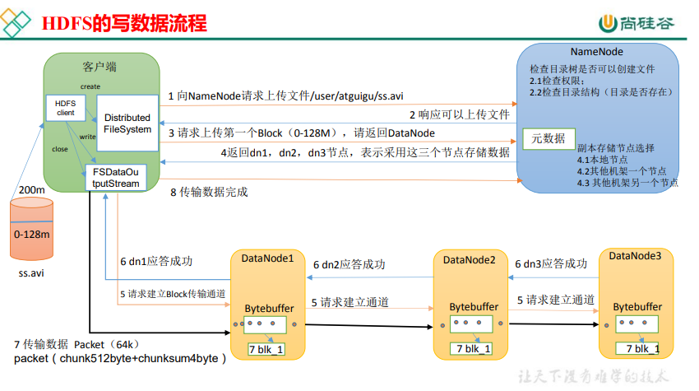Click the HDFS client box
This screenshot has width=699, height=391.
[66, 108]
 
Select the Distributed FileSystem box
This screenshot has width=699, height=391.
[127, 123]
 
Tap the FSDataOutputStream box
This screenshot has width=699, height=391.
[116, 178]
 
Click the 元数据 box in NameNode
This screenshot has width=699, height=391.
[549, 138]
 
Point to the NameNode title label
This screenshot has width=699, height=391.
[597, 52]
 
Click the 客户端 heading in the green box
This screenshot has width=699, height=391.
[100, 67]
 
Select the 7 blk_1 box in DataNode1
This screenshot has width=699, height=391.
[266, 349]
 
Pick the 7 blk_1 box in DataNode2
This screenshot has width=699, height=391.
[474, 348]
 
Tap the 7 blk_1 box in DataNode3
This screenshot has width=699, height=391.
[637, 348]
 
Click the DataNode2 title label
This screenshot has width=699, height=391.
[470, 260]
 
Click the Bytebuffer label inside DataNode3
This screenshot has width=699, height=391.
[637, 307]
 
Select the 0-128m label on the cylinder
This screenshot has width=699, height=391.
[31, 235]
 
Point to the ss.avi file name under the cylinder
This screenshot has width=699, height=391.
[31, 273]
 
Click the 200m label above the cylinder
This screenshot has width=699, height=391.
[31, 189]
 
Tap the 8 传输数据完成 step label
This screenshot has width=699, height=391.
[209, 192]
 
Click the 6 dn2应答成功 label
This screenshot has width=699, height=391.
[349, 265]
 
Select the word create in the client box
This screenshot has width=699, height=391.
[90, 86]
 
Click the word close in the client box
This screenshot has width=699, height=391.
[60, 149]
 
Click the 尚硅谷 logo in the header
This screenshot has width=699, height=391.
[637, 23]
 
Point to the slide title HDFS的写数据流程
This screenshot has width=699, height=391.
[124, 23]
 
